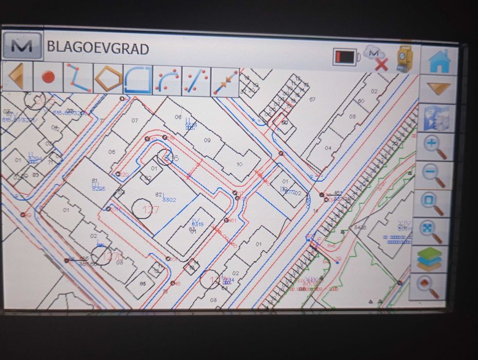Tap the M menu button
click(22, 46)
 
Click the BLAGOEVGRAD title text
click(98, 49)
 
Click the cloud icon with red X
click(376, 58)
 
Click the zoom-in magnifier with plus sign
click(437, 147)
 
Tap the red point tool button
click(48, 78)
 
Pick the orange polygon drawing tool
click(108, 79)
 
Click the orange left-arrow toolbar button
click(17, 77)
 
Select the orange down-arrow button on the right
click(438, 89)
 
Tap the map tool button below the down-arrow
click(438, 118)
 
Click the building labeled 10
click(239, 164)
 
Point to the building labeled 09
click(207, 140)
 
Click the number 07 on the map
click(135, 121)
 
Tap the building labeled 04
click(328, 148)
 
